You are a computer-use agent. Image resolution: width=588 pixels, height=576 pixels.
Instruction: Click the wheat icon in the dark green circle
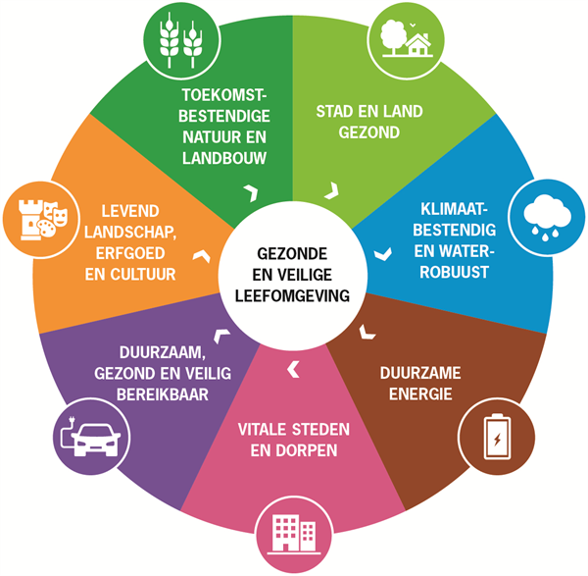181,40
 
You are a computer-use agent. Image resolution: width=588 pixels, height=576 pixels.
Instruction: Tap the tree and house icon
407,39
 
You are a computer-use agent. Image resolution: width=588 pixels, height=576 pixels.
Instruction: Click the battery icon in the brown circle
497,437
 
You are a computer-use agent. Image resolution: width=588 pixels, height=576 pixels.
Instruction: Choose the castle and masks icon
43,220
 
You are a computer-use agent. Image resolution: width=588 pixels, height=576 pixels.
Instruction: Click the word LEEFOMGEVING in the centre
292,296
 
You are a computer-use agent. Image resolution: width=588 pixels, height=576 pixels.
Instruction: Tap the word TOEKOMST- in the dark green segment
224,95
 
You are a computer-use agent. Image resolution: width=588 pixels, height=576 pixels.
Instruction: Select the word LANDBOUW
224,158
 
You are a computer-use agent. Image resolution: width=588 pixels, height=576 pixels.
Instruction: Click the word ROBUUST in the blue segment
454,272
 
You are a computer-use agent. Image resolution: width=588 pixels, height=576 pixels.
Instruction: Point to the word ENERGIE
420,394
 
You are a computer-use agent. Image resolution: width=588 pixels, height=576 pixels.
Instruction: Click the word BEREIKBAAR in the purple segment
163,394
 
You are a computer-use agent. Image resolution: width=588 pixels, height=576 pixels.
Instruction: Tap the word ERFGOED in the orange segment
130,253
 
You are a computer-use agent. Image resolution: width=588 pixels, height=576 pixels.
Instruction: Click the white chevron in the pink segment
293,370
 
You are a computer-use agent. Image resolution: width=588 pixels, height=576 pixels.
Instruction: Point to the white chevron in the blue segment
383,254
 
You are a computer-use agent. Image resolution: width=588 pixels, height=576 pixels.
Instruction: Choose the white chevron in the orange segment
201,256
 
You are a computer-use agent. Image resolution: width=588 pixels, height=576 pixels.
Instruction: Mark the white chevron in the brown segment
367,333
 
